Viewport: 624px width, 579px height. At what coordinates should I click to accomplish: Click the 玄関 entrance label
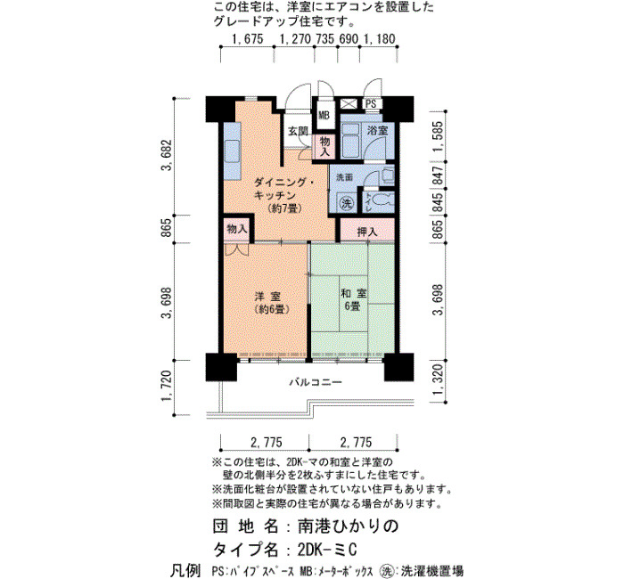coord(298,131)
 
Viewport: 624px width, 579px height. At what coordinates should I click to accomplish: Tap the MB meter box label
coord(324,116)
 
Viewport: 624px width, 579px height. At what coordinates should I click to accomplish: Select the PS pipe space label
coord(371,104)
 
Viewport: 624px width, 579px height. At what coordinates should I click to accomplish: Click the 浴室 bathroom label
coord(377,130)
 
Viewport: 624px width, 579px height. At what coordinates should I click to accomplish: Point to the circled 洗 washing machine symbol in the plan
coord(347,204)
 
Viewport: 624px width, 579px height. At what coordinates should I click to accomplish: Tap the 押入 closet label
coord(367,232)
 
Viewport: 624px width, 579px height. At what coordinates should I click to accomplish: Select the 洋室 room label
coord(267,297)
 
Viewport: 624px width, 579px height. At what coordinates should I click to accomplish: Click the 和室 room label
coord(353,293)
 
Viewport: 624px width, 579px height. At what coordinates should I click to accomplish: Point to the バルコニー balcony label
coord(316,382)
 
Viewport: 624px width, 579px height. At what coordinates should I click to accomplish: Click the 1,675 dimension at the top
coord(248,39)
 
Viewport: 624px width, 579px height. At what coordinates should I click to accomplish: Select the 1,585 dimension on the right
coord(438,136)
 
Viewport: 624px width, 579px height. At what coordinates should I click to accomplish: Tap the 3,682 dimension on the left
coord(167,155)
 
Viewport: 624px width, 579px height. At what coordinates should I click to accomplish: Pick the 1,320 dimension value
coord(438,380)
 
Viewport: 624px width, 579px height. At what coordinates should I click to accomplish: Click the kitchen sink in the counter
coord(232,151)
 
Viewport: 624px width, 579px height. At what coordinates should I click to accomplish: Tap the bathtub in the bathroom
coord(350,141)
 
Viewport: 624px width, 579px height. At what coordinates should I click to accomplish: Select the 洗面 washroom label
coord(345,177)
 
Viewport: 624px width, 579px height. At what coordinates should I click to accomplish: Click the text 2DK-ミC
coord(327,550)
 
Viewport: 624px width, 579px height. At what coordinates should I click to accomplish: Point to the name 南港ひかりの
coord(349,526)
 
